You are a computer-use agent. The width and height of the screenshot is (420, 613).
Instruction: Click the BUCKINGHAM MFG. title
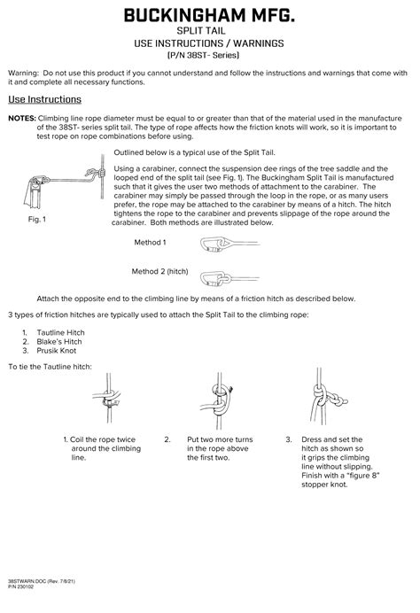209,16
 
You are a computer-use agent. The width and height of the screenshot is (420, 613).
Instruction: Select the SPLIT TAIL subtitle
201,31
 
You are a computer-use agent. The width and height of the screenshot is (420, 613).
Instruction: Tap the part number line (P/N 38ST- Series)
203,55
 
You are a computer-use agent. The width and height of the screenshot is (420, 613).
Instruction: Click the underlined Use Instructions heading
44,99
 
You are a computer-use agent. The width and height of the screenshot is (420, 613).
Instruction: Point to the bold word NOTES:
22,118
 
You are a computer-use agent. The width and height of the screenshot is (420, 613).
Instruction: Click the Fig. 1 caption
36,220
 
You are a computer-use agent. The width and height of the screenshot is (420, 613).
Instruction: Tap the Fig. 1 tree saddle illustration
65,181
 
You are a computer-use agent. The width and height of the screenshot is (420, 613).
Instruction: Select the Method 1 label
150,243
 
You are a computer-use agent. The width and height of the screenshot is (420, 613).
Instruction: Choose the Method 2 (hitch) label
159,271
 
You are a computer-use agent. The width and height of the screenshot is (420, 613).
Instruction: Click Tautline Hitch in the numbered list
60,333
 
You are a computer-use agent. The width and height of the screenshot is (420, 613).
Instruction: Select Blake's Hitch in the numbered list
59,342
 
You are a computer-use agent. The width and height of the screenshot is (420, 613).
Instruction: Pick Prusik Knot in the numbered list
57,351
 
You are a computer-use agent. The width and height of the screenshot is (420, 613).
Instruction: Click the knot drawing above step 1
107,398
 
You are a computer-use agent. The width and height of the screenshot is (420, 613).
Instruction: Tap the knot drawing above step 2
218,400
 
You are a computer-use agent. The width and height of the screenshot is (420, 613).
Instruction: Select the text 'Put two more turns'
220,439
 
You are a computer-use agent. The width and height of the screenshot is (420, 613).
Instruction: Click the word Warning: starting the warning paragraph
23,74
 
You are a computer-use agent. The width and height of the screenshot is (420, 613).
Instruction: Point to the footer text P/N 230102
20,586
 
